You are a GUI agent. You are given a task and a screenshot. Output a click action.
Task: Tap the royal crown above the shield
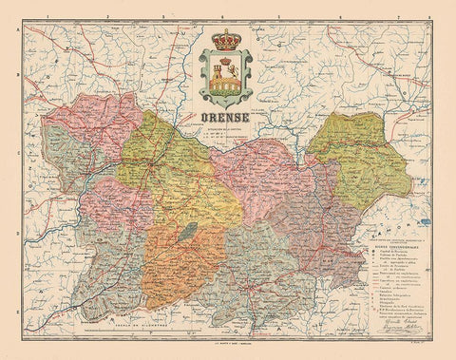tap(228, 42)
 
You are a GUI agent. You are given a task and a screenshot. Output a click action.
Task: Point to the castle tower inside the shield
tap(228, 73)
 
